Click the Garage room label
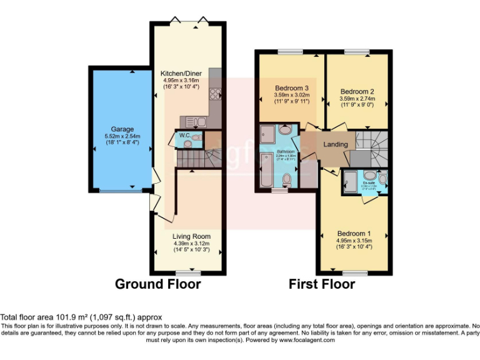[x=122, y=129]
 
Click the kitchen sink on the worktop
[x=191, y=121]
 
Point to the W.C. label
[x=184, y=135]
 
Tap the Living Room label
[x=191, y=236]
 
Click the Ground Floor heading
[x=157, y=284]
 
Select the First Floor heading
[x=322, y=284]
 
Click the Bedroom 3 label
[x=292, y=87]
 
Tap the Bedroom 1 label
[x=354, y=233]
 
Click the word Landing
[x=335, y=144]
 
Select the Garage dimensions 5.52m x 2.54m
[x=122, y=136]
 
